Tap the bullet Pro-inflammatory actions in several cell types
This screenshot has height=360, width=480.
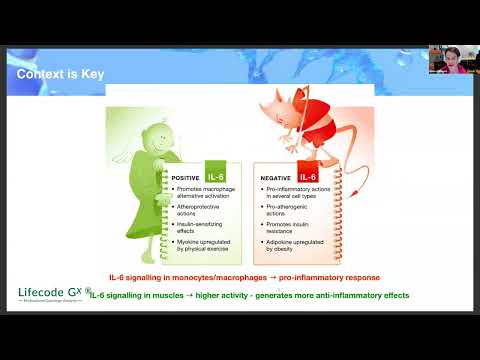pyautogui.click(x=291, y=191)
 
